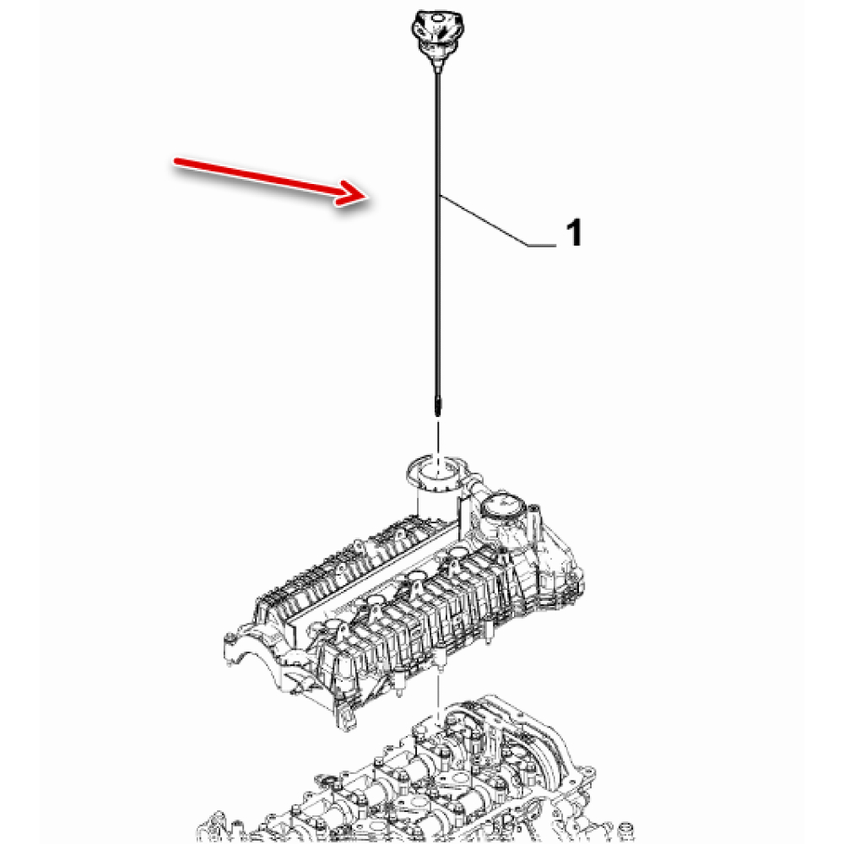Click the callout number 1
click(574, 233)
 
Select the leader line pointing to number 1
click(498, 220)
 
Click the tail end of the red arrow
click(176, 160)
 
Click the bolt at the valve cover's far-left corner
click(230, 639)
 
